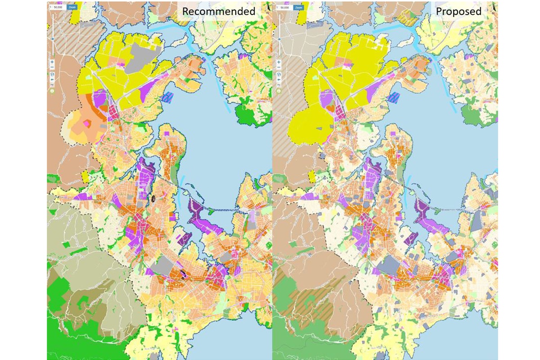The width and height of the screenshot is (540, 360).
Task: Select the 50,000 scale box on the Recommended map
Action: click(58, 8)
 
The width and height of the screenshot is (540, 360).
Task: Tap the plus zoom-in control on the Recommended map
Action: click(53, 62)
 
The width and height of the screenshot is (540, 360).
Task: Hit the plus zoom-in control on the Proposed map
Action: click(278, 62)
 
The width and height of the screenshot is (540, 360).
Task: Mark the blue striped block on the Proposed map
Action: click(394, 97)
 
